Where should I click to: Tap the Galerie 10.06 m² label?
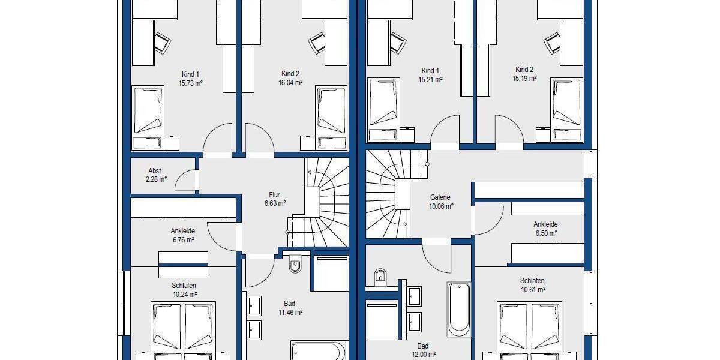(441, 202)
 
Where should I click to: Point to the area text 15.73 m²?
(190, 83)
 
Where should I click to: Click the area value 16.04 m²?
(290, 83)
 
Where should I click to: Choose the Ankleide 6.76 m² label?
(182, 235)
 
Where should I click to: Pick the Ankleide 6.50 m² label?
(545, 229)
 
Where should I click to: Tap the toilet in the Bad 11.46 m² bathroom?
(295, 264)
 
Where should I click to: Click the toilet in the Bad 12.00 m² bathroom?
(380, 277)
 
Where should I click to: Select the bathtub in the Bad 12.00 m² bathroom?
(459, 309)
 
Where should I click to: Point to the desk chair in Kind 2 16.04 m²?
(317, 44)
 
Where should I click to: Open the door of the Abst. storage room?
(190, 179)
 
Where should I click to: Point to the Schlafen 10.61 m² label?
(532, 285)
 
